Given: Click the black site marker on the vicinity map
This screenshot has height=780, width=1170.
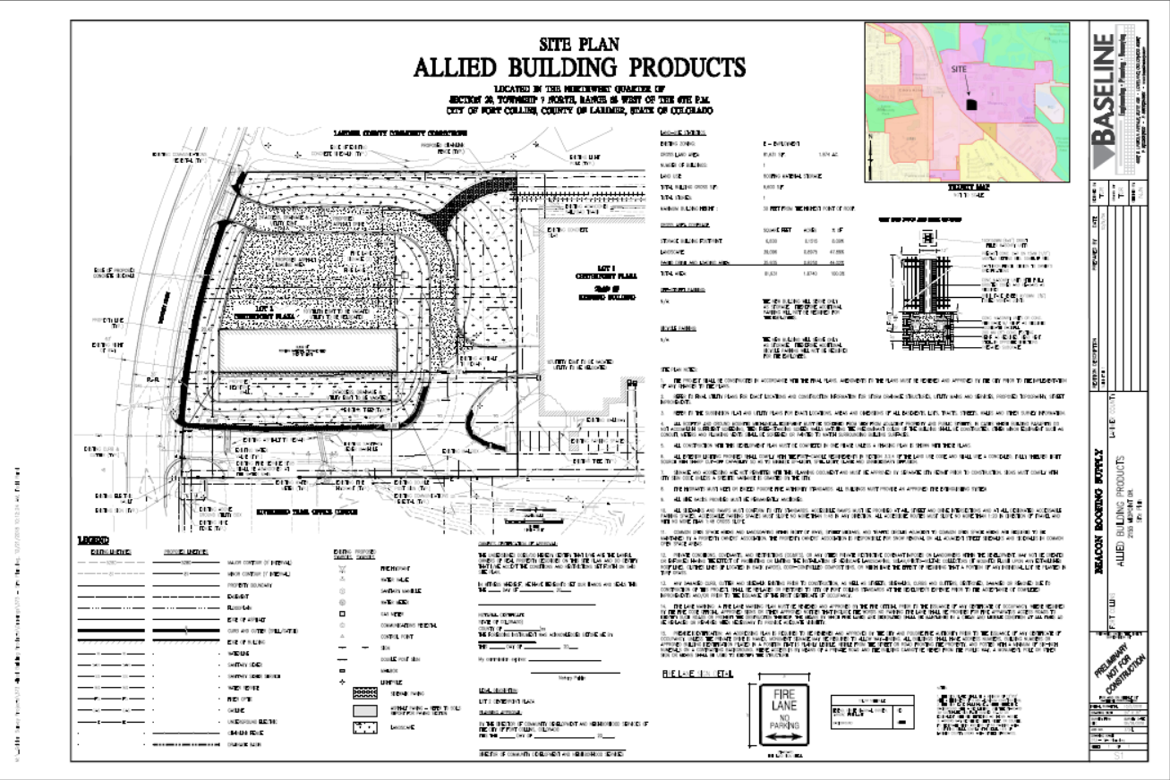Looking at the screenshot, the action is [x=973, y=104].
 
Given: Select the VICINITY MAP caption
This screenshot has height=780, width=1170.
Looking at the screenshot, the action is [x=966, y=189].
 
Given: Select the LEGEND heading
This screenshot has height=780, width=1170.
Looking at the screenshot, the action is [x=93, y=540].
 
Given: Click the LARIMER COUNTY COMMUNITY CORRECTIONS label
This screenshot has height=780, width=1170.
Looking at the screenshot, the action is [x=389, y=132].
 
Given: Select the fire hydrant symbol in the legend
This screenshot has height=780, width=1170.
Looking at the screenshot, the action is [x=343, y=567].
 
